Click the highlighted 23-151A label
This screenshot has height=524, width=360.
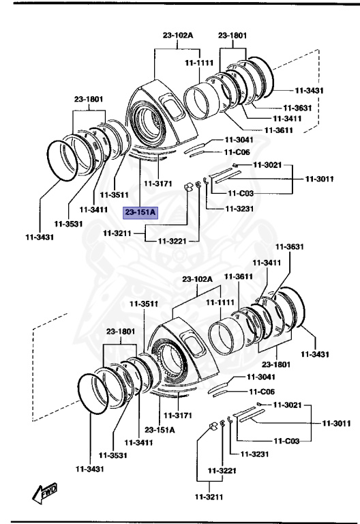(x=140, y=212)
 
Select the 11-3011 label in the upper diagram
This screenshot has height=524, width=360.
(x=319, y=179)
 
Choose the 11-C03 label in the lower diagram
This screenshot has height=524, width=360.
(x=288, y=441)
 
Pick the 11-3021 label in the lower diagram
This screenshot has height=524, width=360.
(x=286, y=405)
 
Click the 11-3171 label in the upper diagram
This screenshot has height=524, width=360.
(x=157, y=184)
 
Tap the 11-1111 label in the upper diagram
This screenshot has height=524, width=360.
(x=199, y=63)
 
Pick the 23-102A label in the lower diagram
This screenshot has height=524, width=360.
(x=198, y=280)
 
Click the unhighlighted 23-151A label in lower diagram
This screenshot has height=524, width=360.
(x=160, y=430)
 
